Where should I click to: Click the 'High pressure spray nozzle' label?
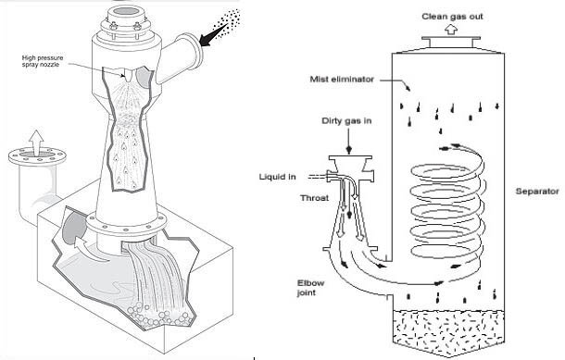43,61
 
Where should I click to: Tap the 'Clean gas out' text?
452,17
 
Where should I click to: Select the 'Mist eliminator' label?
342,79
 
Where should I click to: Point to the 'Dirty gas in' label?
346,120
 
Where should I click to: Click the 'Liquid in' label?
278,177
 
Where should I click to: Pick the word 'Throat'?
315,198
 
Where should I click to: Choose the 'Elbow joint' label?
310,288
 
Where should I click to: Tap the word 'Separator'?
537,192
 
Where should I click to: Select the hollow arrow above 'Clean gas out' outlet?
450,29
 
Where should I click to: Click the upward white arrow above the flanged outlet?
36,143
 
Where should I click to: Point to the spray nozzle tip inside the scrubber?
128,77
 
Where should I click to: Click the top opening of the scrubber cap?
127,11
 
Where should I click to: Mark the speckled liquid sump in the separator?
447,331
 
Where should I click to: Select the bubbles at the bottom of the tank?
158,317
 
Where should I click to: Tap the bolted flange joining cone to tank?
126,224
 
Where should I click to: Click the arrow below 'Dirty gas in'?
348,141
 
